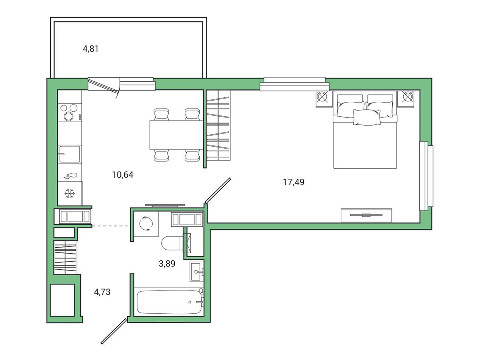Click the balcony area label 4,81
pos(91,49)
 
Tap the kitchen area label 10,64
pos(123,175)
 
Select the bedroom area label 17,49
pos(294,182)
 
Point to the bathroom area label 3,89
pos(167,264)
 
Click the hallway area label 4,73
pos(102,292)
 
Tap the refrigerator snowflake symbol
pos(70,194)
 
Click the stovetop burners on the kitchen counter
pos(70,113)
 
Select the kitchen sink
pos(70,154)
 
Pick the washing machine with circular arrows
pos(146,224)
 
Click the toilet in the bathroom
pos(173,243)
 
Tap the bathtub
pos(169,302)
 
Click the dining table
pos(176,135)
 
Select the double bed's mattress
pos(365,145)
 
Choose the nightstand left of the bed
pos(324,99)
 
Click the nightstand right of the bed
pos(406,99)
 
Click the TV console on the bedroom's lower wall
pos(366,215)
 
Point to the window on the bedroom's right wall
pos(426,176)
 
